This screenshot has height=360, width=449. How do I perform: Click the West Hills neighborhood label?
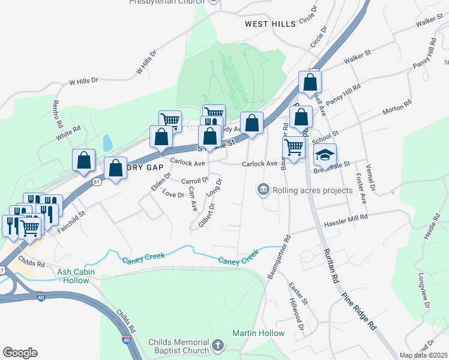point(270,24)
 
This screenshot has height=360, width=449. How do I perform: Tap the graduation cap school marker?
point(325,155)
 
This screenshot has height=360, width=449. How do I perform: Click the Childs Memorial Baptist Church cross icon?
point(218,346)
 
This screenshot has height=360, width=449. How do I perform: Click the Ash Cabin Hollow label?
point(81,276)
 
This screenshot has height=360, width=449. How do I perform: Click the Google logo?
point(20,352)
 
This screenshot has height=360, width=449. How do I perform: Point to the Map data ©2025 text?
point(423,355)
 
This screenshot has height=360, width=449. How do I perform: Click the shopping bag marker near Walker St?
point(310,83)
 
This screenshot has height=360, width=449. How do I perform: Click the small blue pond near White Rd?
point(107,143)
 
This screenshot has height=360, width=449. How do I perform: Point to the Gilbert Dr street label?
point(203,214)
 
